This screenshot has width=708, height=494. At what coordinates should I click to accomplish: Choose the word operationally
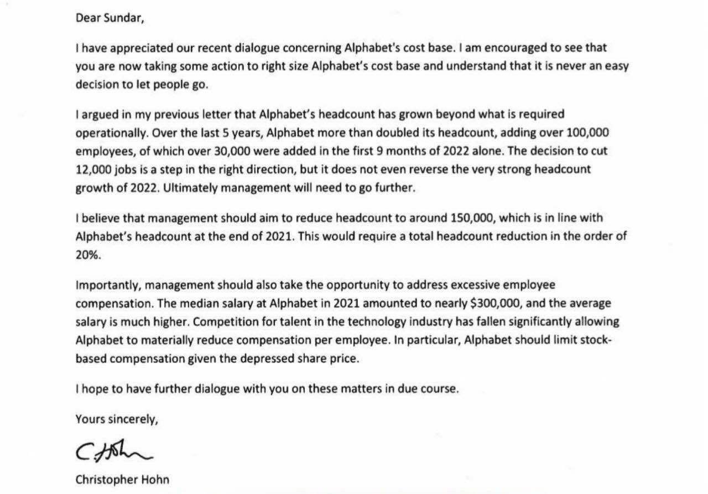[106, 134]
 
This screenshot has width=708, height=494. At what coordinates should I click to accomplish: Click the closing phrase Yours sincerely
[117, 419]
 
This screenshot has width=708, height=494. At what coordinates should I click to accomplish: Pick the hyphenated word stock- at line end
[595, 340]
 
